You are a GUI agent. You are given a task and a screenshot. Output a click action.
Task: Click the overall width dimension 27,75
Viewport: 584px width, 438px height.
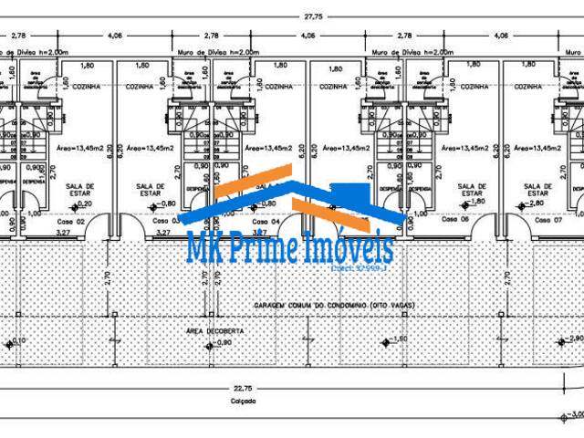[x=314, y=15]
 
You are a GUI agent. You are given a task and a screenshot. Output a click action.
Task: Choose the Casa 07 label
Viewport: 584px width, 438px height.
[x=547, y=221]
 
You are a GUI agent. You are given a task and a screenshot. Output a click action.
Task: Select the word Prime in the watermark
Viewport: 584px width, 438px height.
[x=274, y=248]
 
